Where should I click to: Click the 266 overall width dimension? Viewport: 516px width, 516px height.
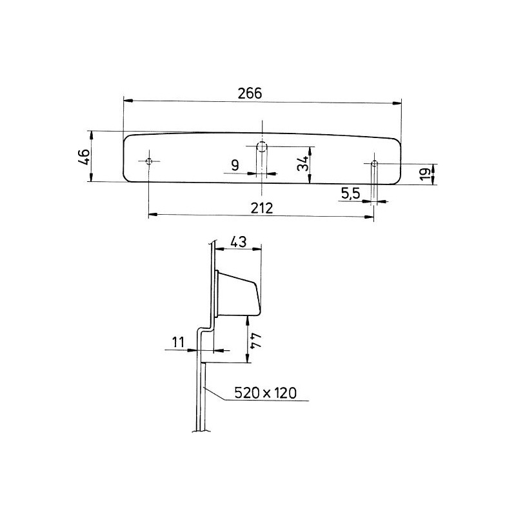250,93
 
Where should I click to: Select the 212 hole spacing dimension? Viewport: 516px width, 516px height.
262,208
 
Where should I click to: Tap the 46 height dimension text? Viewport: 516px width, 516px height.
83,157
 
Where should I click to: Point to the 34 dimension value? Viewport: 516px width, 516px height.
301,164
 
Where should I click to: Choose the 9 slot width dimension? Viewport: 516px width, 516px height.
235,164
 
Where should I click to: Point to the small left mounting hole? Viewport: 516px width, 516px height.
149,161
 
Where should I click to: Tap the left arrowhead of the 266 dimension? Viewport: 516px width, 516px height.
127,101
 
